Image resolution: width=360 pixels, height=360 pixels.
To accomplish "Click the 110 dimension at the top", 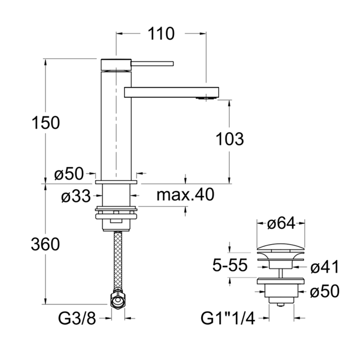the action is point(161,34).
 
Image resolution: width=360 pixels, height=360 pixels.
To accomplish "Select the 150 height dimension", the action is point(46,123).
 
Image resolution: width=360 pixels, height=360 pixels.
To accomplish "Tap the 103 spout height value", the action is point(230,139).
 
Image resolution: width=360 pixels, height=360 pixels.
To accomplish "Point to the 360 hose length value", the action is point(46,244).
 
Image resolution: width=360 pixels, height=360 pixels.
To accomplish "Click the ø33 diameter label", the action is point(76,196).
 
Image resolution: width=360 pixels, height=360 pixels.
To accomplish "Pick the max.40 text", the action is point(185,194).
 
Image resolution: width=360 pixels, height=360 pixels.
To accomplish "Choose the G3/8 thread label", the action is point(77,319).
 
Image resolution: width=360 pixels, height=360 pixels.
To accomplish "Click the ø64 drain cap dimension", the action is point(281,223).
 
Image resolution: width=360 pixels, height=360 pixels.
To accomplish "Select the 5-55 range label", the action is point(230,265).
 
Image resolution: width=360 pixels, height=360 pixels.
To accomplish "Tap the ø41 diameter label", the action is point(325,267).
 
